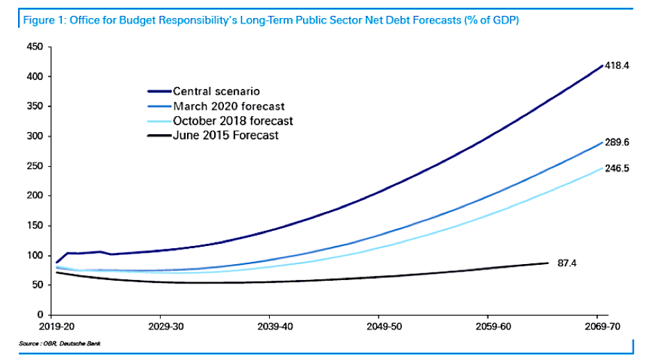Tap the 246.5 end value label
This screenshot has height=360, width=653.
coord(618,167)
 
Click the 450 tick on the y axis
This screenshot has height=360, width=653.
coord(35,47)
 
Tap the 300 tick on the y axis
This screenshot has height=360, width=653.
coord(35,136)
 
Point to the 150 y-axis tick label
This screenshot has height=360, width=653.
coord(35,226)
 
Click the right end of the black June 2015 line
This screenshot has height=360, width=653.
coord(548,263)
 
